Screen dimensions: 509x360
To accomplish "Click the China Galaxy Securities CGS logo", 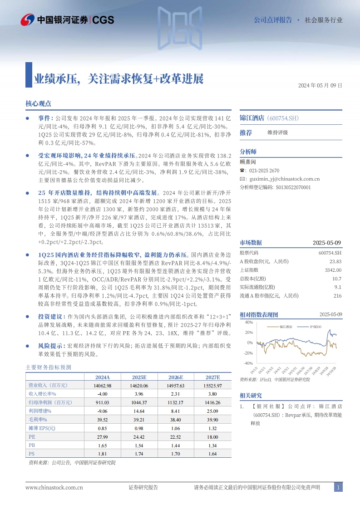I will coord(67,20).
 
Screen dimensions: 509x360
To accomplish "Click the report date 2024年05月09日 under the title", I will coord(320,86).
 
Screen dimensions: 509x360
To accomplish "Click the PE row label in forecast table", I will coord(32,437).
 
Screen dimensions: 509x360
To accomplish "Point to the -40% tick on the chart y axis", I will coord(247,363).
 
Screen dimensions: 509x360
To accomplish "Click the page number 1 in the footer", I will coord(338,487).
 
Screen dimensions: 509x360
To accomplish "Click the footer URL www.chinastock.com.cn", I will coord(54,488).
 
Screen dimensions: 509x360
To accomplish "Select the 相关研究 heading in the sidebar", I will coord(251,396).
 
